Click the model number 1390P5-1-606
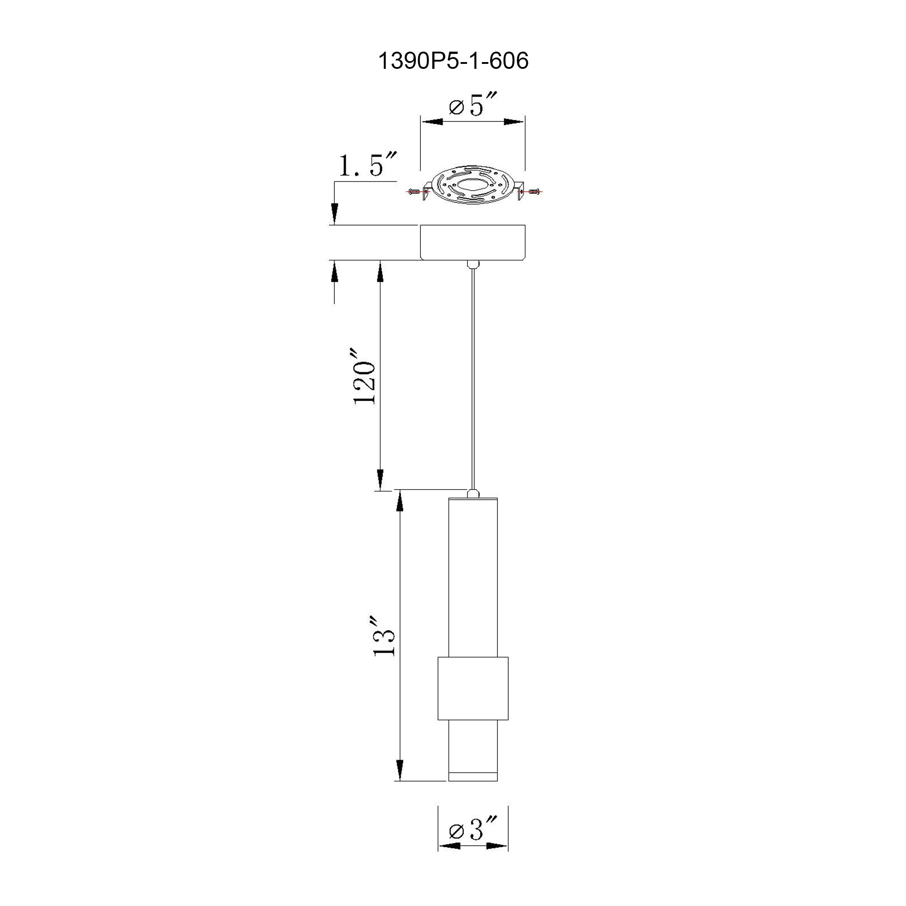coord(453,62)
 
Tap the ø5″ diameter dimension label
coord(472,106)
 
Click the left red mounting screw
coord(414,191)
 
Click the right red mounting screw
coord(534,191)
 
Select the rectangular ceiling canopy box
coord(472,242)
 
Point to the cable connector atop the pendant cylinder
coord(472,493)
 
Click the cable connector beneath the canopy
coord(472,264)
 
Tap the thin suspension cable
coord(472,375)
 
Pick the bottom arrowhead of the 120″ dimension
coord(381,479)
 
